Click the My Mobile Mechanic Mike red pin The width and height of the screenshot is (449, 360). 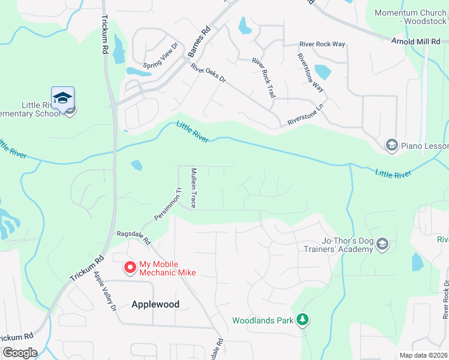129,268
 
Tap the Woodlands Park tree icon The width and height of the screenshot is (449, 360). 304,320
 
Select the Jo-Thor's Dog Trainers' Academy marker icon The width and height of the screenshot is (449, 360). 383,244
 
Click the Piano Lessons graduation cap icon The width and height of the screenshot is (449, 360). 391,146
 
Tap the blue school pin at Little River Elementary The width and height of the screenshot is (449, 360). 63,98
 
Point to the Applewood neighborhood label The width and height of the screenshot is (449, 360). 155,304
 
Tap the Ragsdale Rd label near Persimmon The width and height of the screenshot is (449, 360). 133,237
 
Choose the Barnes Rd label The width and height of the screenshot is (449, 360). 199,42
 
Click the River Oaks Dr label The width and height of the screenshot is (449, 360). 208,73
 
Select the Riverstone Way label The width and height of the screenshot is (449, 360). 310,72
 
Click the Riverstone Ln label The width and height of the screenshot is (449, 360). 306,113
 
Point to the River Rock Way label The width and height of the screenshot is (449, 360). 322,44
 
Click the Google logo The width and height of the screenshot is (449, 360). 19,353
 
